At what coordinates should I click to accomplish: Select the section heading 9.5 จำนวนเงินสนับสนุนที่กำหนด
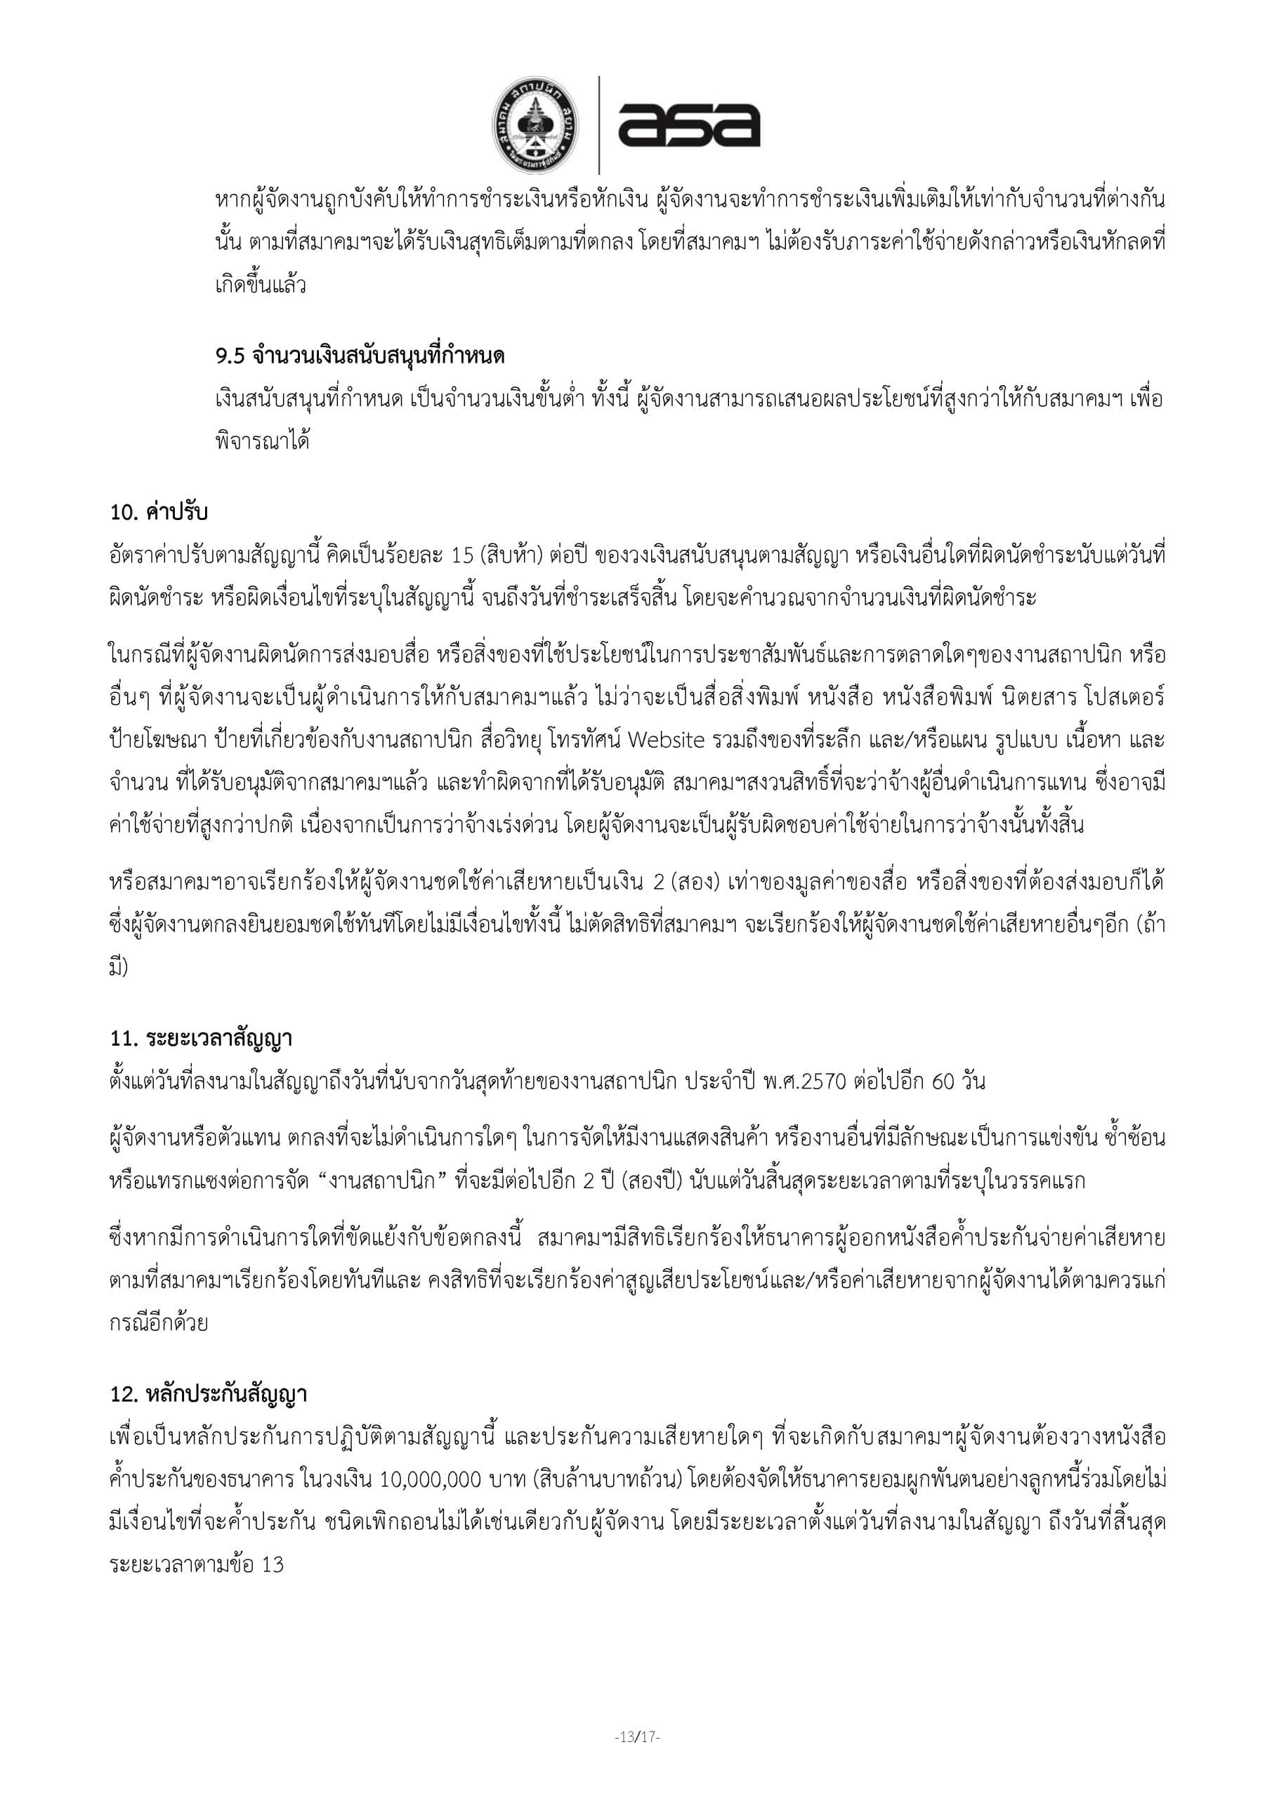(360, 356)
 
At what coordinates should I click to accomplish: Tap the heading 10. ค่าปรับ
(159, 512)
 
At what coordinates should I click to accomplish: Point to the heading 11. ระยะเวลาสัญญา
(202, 1039)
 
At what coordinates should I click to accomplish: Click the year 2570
(823, 1082)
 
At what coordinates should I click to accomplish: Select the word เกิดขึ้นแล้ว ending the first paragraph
(260, 285)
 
